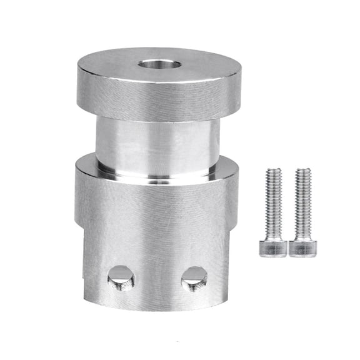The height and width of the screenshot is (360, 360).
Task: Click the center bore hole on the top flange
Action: pyautogui.click(x=160, y=65)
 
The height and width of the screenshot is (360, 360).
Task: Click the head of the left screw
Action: pyautogui.click(x=274, y=247)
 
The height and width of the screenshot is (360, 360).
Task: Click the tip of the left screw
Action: pyautogui.click(x=274, y=171)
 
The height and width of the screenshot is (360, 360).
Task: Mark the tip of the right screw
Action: pyautogui.click(x=303, y=171)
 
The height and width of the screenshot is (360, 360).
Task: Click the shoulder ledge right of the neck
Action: pyautogui.click(x=228, y=164)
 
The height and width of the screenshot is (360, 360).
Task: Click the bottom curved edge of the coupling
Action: pyautogui.click(x=156, y=308)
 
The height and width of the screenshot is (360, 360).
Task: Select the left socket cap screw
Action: pyautogui.click(x=274, y=212)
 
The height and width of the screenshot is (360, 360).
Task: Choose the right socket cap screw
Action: pyautogui.click(x=302, y=212)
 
